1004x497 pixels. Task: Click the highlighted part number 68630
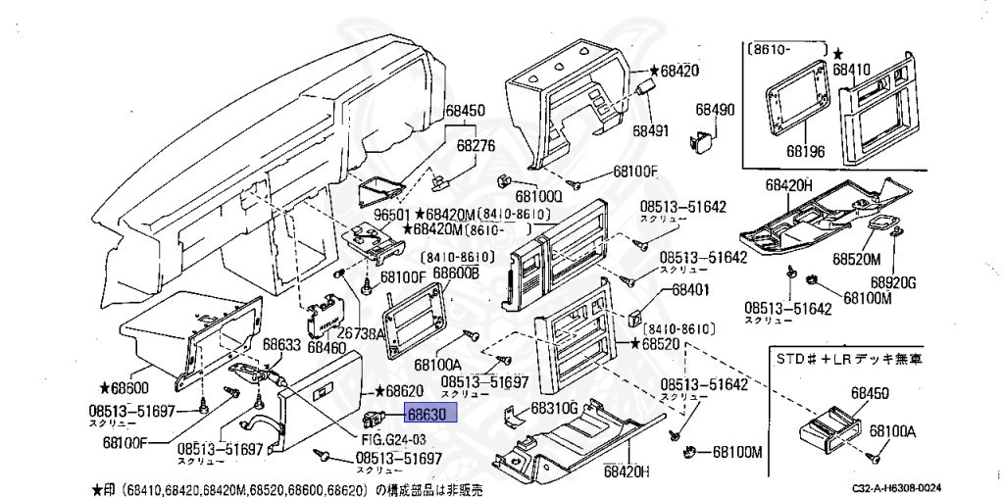click(427, 415)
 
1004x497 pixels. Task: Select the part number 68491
click(649, 129)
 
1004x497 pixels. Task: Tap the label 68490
click(716, 110)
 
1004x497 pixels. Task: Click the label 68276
click(477, 145)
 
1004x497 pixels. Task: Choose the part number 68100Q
click(539, 196)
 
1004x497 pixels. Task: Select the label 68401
click(690, 291)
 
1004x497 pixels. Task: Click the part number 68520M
click(858, 259)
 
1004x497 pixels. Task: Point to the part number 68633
click(280, 344)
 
